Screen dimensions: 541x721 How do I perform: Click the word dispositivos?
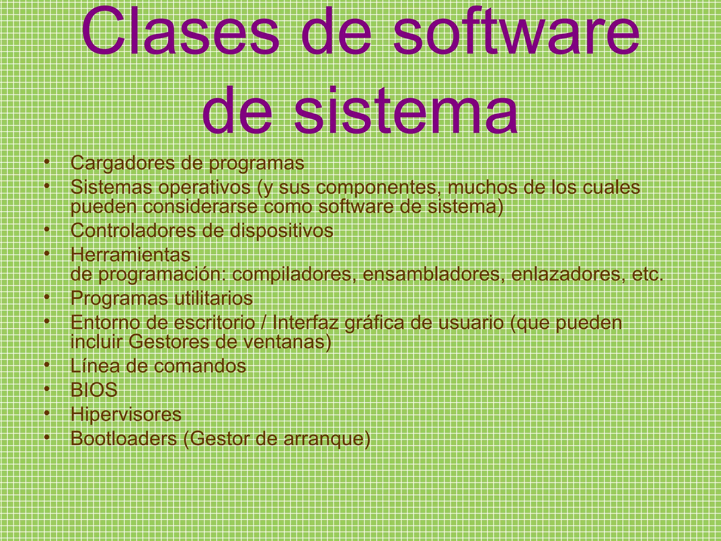[x=281, y=231]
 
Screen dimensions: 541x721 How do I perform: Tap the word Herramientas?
[x=130, y=255]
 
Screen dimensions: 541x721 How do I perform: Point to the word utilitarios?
[x=213, y=298]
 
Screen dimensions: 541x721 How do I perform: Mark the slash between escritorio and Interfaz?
[x=264, y=323]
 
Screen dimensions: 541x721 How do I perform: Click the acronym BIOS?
[x=94, y=390]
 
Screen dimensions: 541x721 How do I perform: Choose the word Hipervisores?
[x=126, y=415]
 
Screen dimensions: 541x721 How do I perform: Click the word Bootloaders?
[x=124, y=439]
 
